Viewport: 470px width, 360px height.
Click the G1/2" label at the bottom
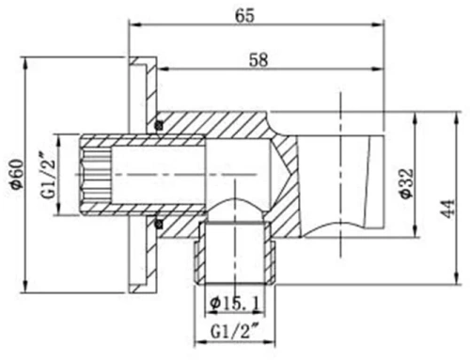(236, 332)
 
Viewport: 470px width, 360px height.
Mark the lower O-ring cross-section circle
(159, 223)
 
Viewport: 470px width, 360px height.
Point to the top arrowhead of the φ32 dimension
(414, 116)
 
